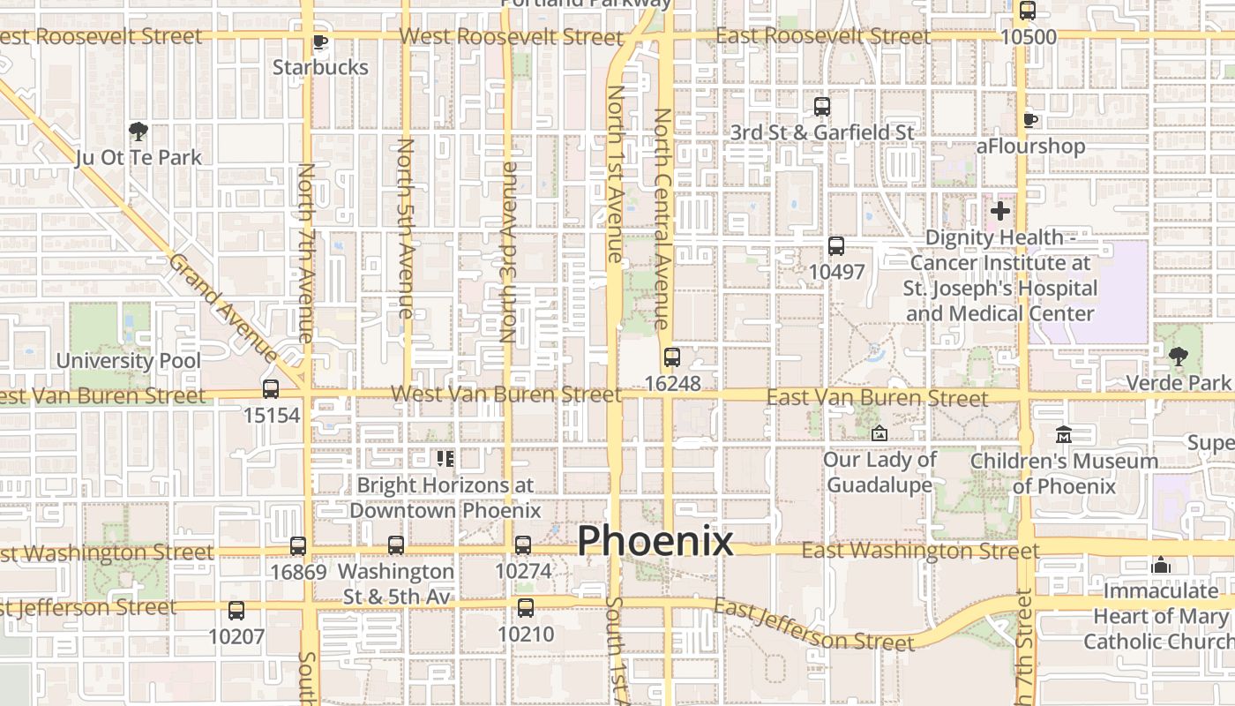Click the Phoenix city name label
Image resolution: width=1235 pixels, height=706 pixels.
tap(655, 541)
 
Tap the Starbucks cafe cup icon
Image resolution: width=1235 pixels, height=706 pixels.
tap(320, 41)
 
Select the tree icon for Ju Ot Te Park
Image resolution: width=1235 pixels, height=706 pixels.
tap(138, 132)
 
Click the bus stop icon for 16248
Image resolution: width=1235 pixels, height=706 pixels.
tap(672, 357)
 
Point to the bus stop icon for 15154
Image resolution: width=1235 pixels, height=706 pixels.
tap(271, 389)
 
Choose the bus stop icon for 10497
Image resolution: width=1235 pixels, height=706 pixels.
tap(836, 246)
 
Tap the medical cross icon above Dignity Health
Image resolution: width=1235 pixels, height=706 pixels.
tap(999, 211)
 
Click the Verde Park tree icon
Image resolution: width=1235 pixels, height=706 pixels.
tap(1178, 357)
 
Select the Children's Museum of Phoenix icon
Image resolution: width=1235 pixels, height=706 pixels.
tap(1064, 435)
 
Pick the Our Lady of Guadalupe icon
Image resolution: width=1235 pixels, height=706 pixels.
tap(879, 433)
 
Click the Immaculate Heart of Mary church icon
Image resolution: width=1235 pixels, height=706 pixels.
tap(1161, 565)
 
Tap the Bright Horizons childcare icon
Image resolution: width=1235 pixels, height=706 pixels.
tap(445, 458)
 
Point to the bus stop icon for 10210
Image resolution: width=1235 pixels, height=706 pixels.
tap(526, 608)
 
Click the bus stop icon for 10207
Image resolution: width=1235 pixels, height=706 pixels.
tap(236, 610)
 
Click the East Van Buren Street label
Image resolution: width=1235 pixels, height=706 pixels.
tap(877, 398)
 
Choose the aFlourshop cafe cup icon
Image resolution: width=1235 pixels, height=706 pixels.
tap(1029, 120)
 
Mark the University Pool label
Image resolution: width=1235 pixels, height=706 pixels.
tap(129, 360)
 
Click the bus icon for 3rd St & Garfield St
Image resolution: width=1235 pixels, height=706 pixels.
tap(822, 107)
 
